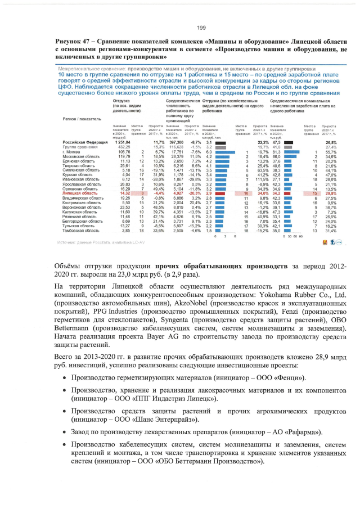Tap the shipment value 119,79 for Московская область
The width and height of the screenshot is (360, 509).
pos(122,156)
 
